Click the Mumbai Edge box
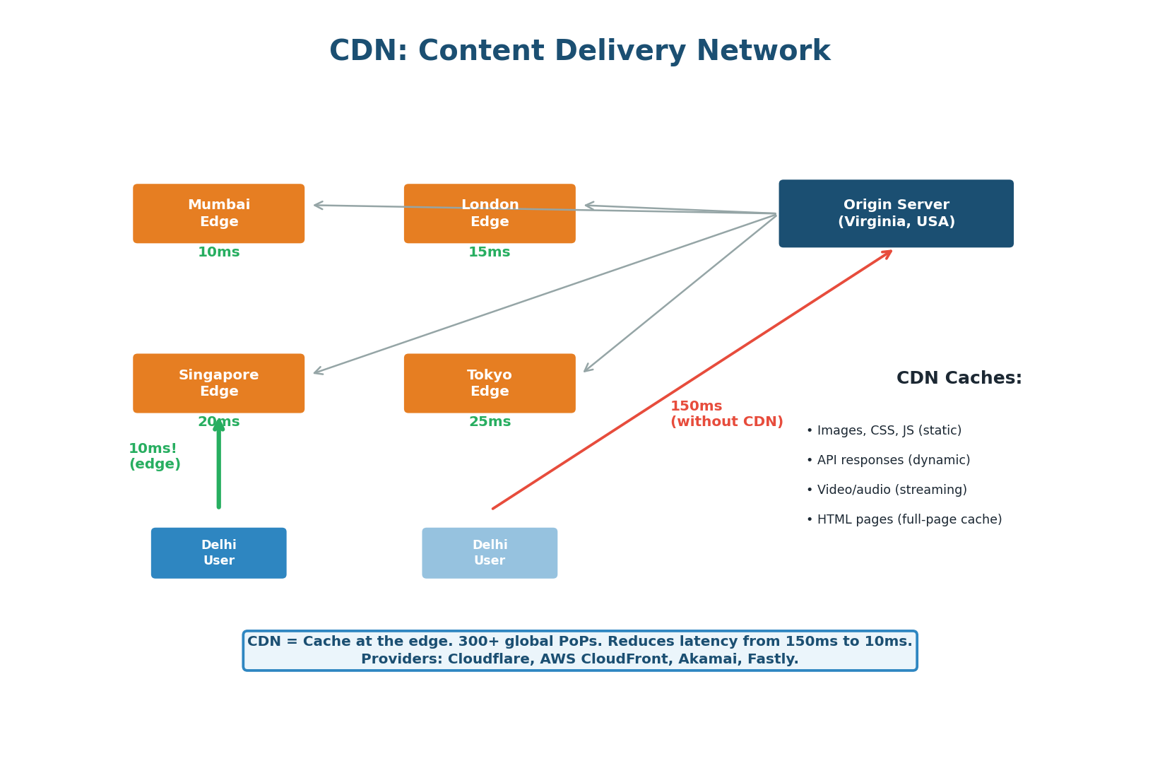[218, 213]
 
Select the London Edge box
[490, 213]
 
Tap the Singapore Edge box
[218, 383]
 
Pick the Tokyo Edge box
[490, 383]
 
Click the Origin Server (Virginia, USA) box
[896, 213]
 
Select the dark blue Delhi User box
[218, 553]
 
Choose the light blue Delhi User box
[490, 553]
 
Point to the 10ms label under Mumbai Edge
[218, 252]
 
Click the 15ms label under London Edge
[489, 252]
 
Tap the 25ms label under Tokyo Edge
[490, 422]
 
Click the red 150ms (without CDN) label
[726, 414]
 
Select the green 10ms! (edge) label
[154, 456]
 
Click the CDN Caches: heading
[959, 378]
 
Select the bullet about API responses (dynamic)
[888, 460]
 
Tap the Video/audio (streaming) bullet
[887, 490]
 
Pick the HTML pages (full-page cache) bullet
[904, 519]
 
